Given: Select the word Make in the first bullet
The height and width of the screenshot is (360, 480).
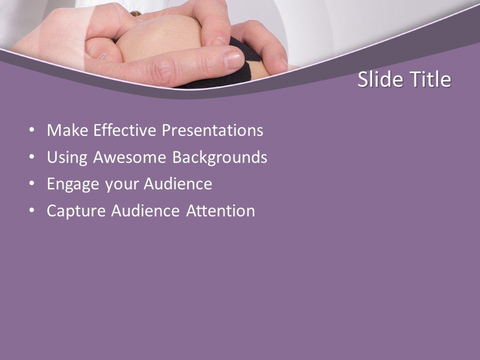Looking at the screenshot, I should (63, 130).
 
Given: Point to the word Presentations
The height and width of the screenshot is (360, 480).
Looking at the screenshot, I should (213, 130).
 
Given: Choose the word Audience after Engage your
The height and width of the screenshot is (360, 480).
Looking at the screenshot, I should (178, 184).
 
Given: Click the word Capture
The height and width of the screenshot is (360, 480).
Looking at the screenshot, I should (76, 211).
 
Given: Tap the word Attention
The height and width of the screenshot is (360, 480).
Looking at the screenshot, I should (220, 211).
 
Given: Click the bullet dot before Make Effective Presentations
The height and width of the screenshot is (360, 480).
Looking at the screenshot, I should (32, 130).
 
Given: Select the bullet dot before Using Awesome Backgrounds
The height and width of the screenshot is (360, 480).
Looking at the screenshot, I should (32, 157).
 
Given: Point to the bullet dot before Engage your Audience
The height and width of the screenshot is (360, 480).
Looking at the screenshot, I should (32, 184).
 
